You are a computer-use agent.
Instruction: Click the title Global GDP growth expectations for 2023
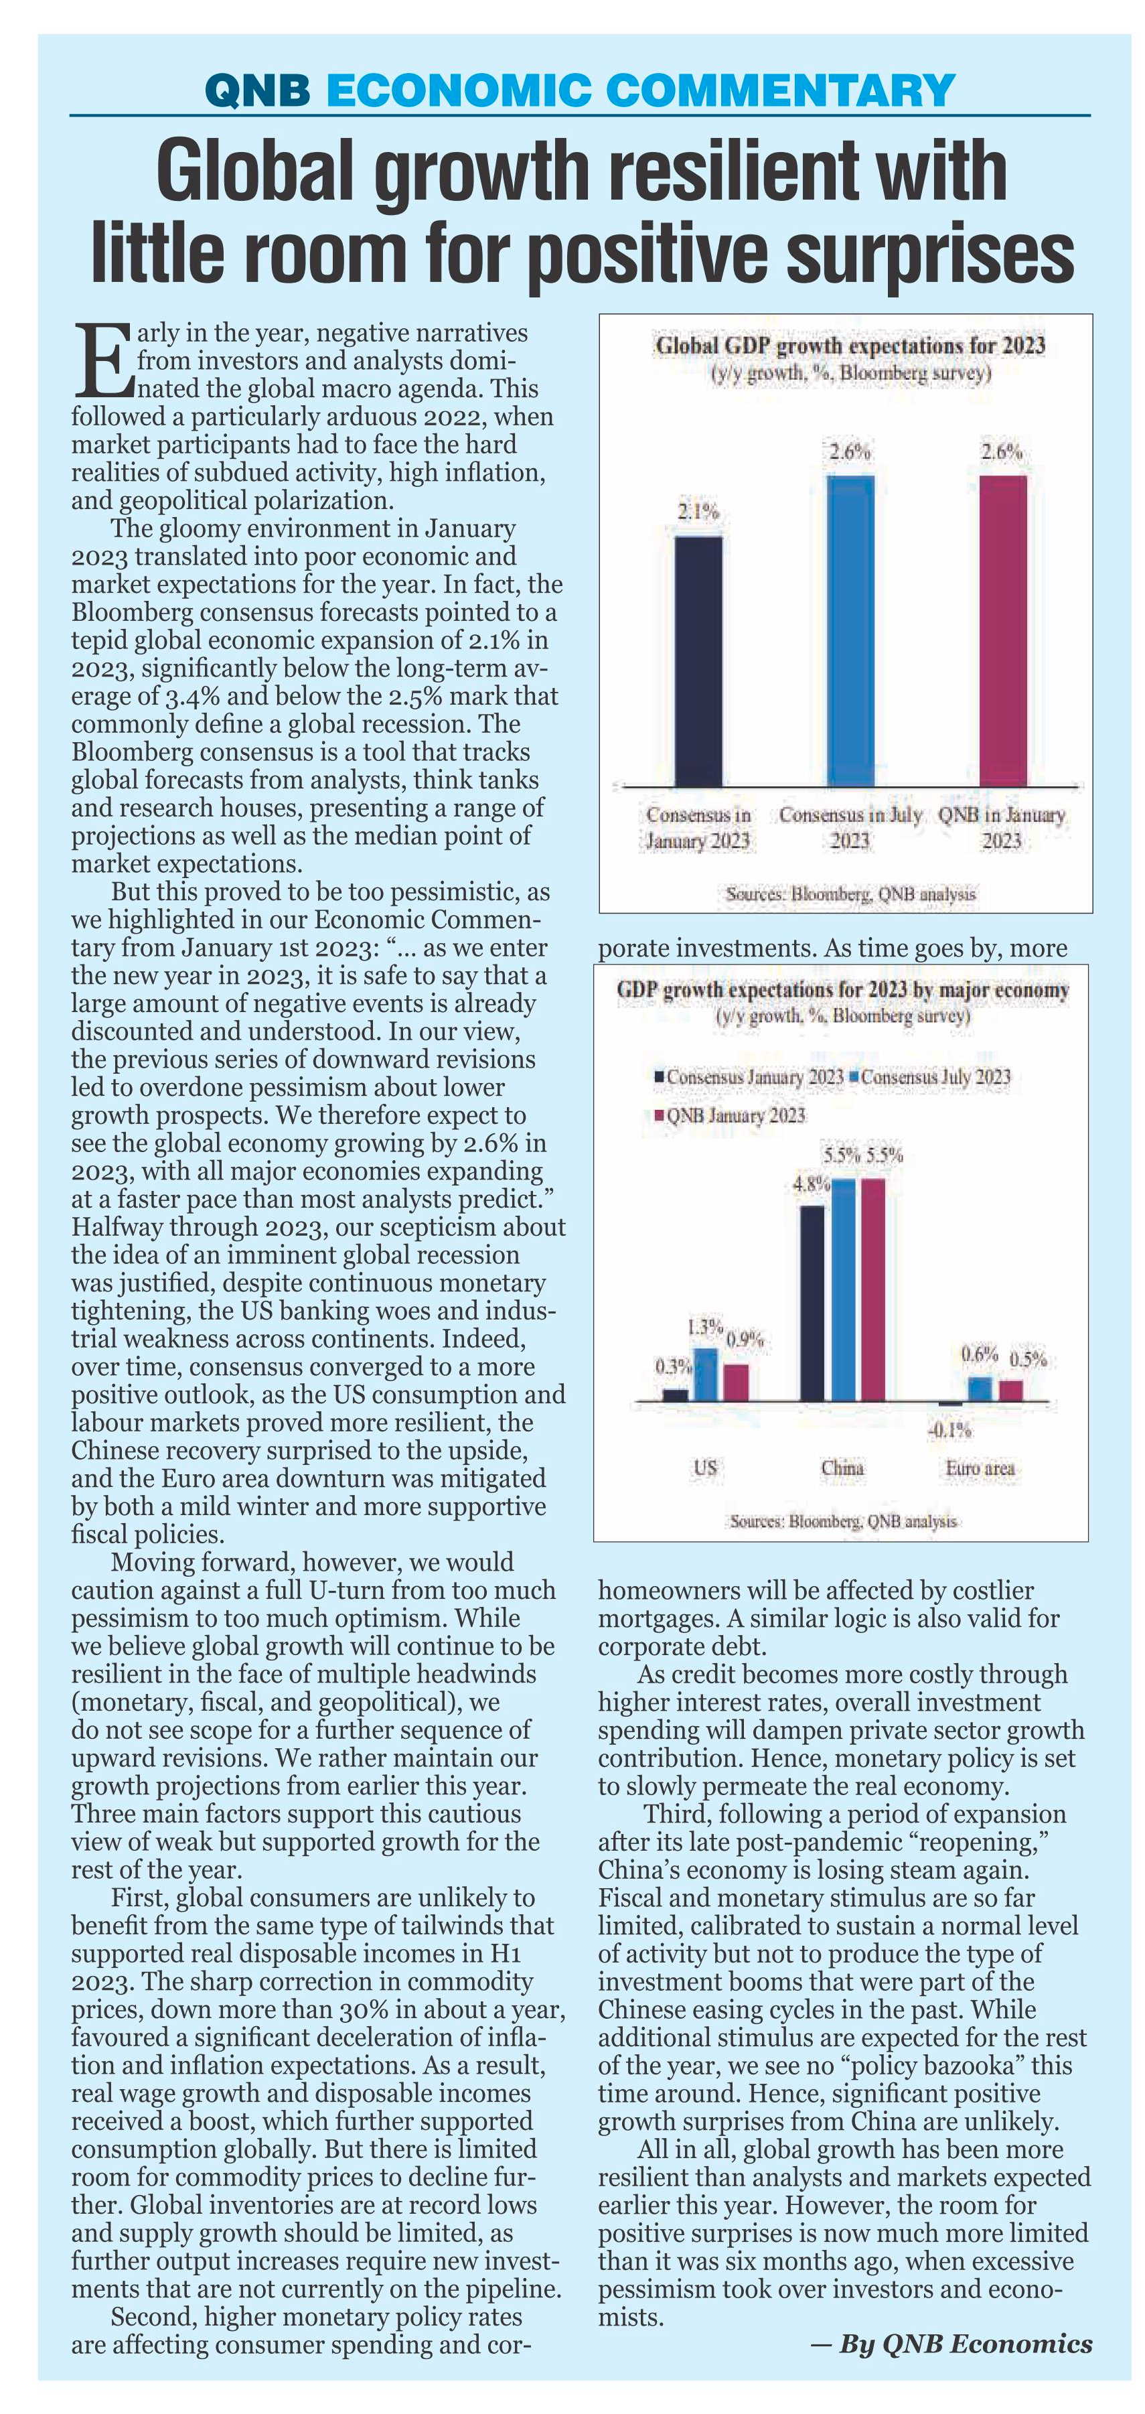[850, 346]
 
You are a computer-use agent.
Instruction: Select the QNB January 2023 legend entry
[729, 1115]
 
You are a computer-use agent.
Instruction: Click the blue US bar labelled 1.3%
[706, 1374]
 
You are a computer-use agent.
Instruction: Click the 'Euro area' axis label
[980, 1468]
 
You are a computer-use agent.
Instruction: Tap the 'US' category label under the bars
[706, 1468]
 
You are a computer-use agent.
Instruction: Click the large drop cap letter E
[102, 359]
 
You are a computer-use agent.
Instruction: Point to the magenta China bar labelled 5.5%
[873, 1289]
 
